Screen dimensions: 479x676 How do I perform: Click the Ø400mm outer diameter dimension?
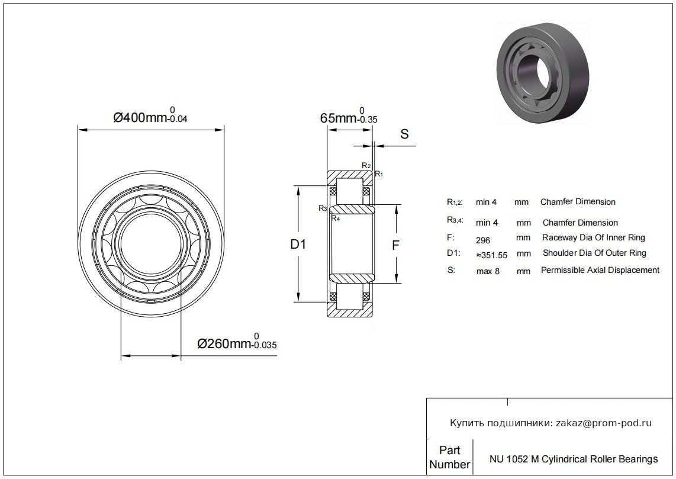coord(150,117)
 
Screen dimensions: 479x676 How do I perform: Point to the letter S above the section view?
coord(405,134)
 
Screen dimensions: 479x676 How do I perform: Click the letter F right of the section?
coord(396,244)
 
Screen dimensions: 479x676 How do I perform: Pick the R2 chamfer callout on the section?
coord(366,165)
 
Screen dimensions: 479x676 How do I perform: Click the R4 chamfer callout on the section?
coord(335,218)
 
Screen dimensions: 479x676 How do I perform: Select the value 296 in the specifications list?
coord(484,240)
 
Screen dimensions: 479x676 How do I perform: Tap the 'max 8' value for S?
coord(488,272)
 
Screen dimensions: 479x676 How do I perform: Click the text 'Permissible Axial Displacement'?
coord(600,270)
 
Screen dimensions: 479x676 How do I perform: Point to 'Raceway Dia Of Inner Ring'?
coord(594,237)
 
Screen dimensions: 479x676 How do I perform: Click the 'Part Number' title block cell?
coord(450,457)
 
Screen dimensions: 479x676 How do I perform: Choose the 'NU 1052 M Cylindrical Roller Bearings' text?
coord(573,459)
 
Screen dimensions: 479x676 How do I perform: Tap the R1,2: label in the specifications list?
coord(455,202)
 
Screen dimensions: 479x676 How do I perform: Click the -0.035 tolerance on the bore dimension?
coord(265,346)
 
